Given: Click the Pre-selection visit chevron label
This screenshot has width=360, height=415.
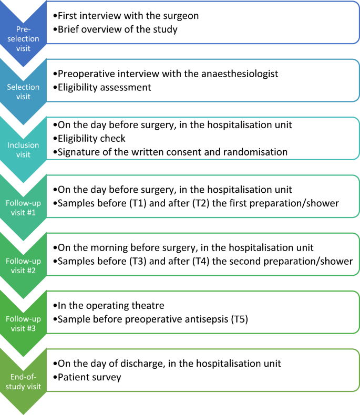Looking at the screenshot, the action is (23, 39).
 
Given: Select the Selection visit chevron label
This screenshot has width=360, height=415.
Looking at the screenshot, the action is (23, 91).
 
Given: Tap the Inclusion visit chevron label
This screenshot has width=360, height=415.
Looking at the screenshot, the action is (23, 150).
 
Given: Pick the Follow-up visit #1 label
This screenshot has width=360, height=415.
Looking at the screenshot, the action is (23, 207).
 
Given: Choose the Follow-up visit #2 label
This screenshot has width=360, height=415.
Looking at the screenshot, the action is (23, 265).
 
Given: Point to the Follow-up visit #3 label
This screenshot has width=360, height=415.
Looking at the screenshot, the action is (23, 324).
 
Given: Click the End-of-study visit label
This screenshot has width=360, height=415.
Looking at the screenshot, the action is (23, 381).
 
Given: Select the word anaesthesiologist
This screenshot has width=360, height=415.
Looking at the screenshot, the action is (240, 74).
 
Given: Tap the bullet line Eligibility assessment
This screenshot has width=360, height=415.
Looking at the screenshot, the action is (102, 88).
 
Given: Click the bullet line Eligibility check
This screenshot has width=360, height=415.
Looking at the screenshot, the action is (89, 139).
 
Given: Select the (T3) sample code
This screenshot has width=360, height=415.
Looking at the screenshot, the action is (138, 261).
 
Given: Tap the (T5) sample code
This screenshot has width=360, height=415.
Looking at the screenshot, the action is (240, 319).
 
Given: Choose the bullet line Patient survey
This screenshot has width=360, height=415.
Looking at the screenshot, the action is (87, 377).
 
